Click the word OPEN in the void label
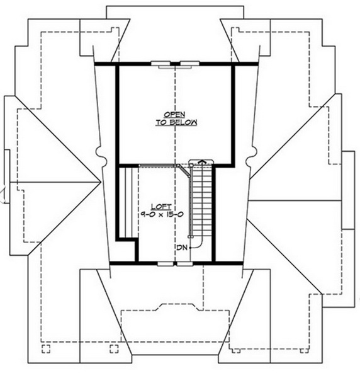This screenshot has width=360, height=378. point(174,114)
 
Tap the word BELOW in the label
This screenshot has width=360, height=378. point(183,122)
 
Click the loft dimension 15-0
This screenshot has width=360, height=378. point(174,215)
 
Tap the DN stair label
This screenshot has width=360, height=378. point(182,248)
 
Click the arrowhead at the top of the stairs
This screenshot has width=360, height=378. point(203,161)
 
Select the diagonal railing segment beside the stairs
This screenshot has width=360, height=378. point(184,171)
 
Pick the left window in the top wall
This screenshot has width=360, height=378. point(160,64)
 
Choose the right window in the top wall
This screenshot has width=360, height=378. point(190,64)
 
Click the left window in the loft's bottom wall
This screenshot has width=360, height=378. point(165,264)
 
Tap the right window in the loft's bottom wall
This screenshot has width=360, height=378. point(185,264)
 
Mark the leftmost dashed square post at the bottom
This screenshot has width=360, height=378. point(46,349)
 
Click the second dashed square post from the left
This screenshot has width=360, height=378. point(114,349)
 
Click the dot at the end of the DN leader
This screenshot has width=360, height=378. point(190,248)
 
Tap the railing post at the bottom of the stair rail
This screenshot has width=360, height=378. point(191,237)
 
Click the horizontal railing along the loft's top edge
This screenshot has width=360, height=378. point(158,165)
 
